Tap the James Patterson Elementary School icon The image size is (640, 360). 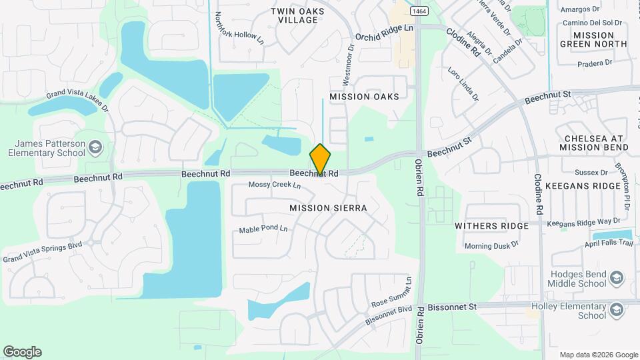pos(95,147)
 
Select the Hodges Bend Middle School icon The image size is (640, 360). pos(617,277)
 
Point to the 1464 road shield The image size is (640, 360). pos(419,11)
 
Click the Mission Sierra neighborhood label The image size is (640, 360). pos(328,208)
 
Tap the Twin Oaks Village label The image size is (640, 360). pos(298,15)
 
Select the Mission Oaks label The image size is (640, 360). pos(364,97)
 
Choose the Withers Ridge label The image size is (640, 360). pos(491,226)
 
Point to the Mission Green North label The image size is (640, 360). pos(593,39)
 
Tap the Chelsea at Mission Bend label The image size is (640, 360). pos(596,142)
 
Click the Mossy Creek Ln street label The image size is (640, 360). pos(275,185)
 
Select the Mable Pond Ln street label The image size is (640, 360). pos(263,229)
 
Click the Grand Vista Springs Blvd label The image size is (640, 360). pos(42,251)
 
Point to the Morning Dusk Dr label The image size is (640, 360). pos(491,246)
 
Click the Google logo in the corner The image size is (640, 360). pos(22,352)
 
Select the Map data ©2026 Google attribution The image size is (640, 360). pos(598,355)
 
